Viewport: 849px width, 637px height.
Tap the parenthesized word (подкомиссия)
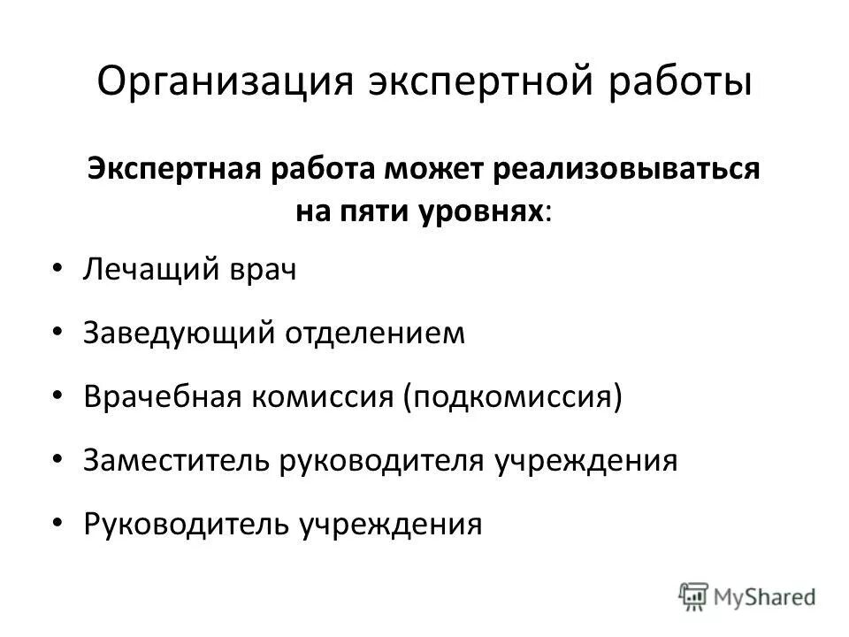click(x=513, y=395)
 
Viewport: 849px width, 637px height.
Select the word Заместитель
click(x=174, y=459)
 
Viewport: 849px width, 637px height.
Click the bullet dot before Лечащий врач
click(x=57, y=268)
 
